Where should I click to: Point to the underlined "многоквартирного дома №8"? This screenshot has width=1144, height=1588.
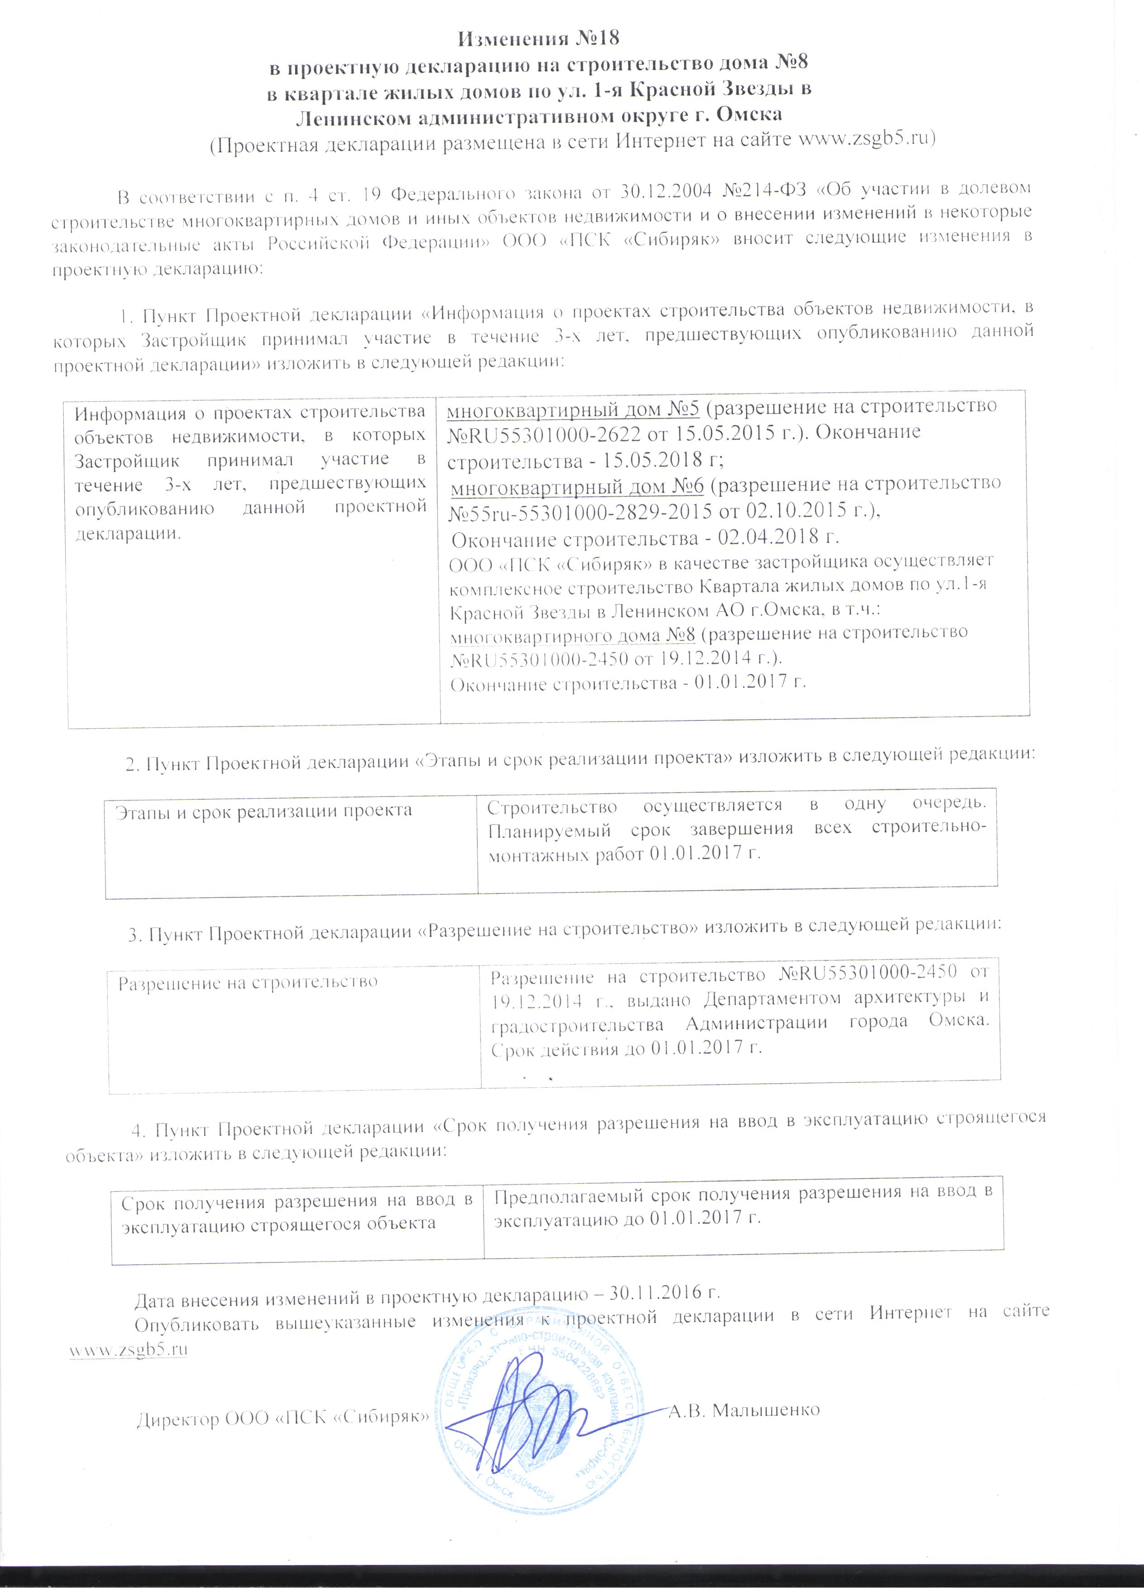pos(573,633)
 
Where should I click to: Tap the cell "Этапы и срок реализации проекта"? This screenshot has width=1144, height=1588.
pos(263,811)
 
